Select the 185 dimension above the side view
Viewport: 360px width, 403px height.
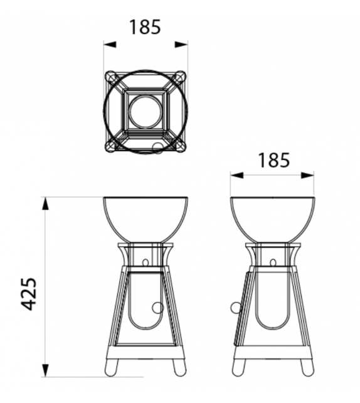(272, 160)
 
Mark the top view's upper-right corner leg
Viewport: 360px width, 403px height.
(180, 78)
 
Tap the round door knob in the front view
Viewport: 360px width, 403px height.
(157, 308)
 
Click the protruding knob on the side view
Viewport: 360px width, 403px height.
(235, 308)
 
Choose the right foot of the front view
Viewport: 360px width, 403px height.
(178, 367)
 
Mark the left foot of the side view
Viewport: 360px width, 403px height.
(239, 367)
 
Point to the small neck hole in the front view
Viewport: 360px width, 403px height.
(146, 262)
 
